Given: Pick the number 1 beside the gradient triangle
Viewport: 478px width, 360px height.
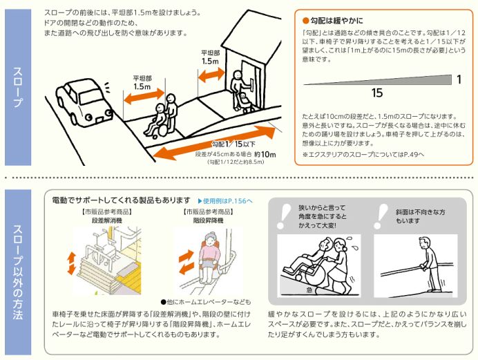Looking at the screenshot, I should tap(458, 79).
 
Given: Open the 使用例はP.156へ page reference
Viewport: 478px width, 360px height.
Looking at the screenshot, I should tap(226, 200).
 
